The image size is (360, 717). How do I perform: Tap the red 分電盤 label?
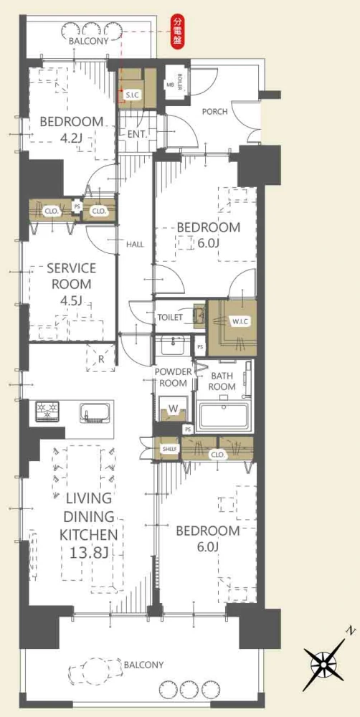(x=176, y=31)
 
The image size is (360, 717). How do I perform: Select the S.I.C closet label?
(x=135, y=95)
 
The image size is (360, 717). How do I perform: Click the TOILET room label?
(x=170, y=317)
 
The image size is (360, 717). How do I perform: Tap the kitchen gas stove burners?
(x=49, y=410)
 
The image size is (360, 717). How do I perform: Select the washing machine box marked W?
(x=172, y=409)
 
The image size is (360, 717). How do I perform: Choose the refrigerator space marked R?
(x=101, y=357)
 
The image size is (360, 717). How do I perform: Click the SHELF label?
(x=169, y=449)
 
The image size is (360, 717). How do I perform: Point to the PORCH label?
(x=214, y=112)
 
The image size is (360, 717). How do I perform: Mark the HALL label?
(x=136, y=244)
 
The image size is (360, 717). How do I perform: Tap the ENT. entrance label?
(x=137, y=135)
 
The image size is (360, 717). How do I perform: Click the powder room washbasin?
(x=173, y=346)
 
